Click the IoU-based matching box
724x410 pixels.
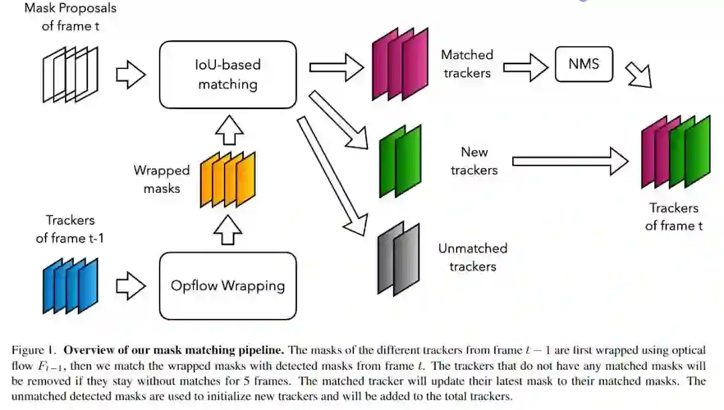tap(228, 74)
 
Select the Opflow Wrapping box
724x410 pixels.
tap(228, 286)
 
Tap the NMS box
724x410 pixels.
tap(584, 65)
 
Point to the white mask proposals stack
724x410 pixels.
tap(70, 74)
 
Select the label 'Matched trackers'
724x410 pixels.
tap(467, 64)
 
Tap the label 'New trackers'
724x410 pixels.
tap(474, 161)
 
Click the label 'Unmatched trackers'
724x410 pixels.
tap(473, 257)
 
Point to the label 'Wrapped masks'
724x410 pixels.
tap(162, 180)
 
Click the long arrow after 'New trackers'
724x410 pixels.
tap(570, 161)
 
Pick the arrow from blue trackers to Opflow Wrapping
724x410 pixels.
tap(131, 287)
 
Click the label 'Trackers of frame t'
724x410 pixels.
tap(674, 217)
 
